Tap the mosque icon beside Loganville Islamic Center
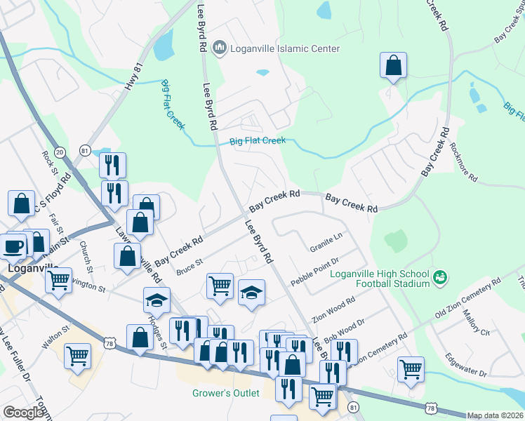219,48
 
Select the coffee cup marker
13,246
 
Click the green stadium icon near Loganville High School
440,278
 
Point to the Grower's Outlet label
226,393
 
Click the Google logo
23,413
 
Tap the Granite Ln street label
326,243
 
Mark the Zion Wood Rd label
335,308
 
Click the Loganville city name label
27,267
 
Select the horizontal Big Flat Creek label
258,141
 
